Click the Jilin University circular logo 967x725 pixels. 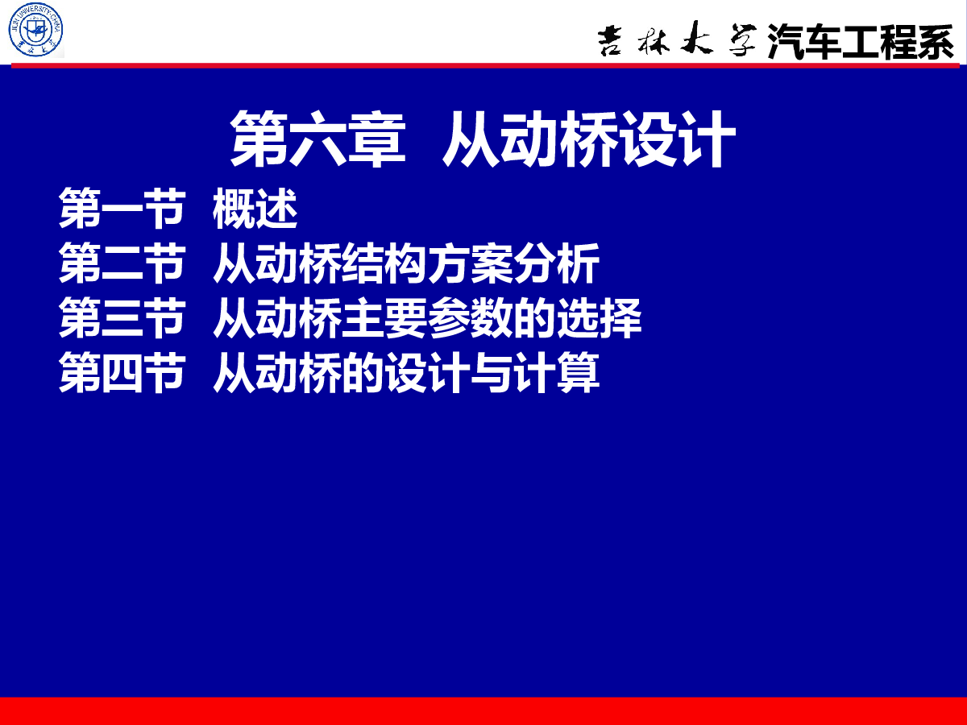coord(35,30)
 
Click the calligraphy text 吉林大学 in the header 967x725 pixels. coord(677,39)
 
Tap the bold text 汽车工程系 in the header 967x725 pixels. coord(861,41)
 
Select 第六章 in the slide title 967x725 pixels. coord(317,139)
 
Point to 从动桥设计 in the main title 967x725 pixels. coord(589,139)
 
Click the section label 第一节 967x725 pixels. coord(122,208)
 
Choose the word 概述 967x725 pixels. coord(255,208)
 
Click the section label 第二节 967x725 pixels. coord(122,263)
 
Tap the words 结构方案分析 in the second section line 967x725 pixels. coord(470,263)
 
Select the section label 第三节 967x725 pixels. coord(122,318)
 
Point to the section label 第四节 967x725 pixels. coord(122,372)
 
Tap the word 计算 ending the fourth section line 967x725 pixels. coord(556,372)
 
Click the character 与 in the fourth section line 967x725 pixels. coord(492,372)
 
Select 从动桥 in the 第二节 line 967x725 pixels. coord(277,263)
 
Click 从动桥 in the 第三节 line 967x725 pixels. coord(277,318)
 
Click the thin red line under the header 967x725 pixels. coord(485,65)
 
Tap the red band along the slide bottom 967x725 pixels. coord(483,711)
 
